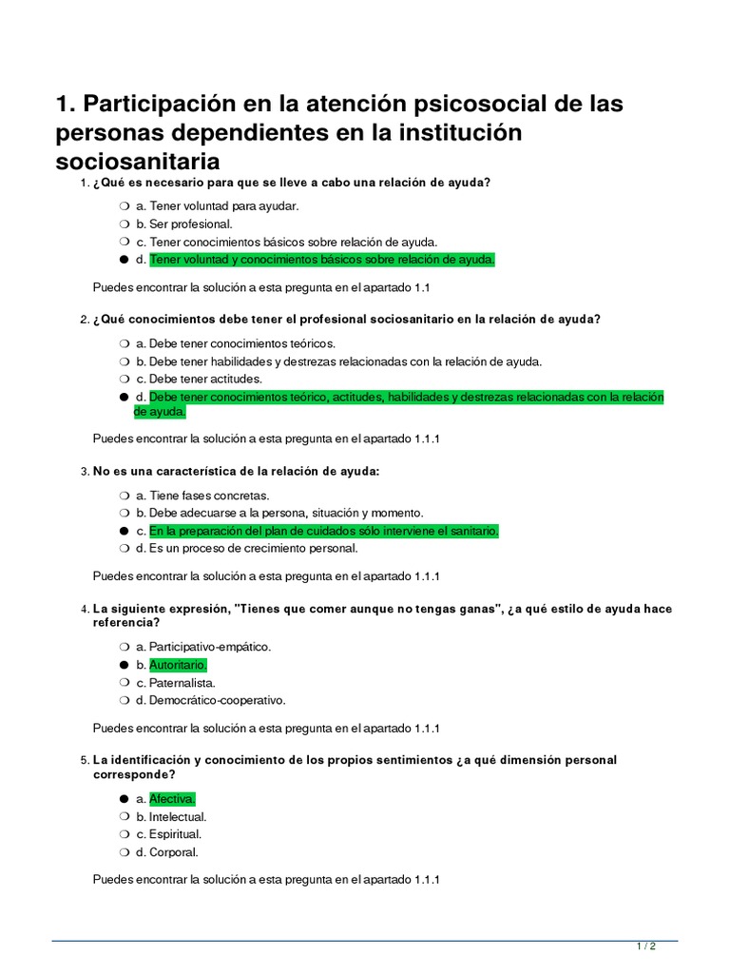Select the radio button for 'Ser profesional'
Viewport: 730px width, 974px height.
(x=125, y=224)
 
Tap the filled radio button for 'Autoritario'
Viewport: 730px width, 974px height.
(x=125, y=665)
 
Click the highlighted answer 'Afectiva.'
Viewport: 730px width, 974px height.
(x=172, y=799)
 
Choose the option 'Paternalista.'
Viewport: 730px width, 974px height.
(x=182, y=683)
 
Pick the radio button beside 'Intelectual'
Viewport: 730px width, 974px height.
(x=125, y=817)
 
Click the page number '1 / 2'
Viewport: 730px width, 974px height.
(x=645, y=946)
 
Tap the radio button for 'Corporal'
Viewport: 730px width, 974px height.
(x=125, y=852)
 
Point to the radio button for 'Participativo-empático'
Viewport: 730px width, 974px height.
(x=125, y=647)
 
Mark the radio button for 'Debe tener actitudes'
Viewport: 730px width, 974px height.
(x=125, y=379)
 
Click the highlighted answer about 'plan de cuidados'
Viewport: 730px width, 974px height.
(x=323, y=531)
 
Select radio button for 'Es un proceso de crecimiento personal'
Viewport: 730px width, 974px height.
(x=125, y=548)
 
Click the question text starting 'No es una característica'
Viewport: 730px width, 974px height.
(x=236, y=471)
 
